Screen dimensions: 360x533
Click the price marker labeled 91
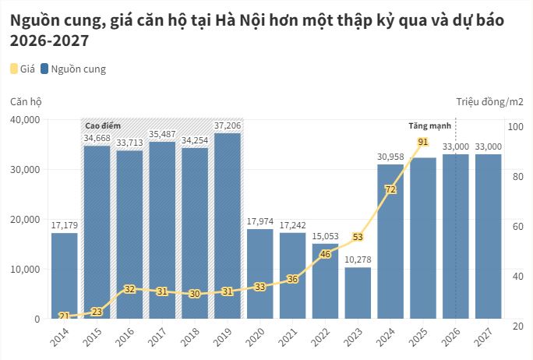[x=423, y=142]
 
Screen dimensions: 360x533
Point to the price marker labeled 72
[x=390, y=189]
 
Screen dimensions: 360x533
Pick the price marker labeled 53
[x=358, y=237]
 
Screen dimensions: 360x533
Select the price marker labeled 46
[x=326, y=254]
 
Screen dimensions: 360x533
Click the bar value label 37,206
[x=228, y=125]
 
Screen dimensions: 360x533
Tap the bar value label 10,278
[x=358, y=259]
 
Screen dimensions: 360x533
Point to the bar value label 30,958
[x=390, y=157]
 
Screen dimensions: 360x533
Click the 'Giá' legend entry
[x=23, y=69]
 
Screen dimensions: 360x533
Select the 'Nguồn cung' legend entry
[x=72, y=69]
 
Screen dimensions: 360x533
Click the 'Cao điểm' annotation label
[x=103, y=125]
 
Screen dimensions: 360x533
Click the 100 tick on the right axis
[x=515, y=127]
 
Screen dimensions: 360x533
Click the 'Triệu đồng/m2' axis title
[x=489, y=101]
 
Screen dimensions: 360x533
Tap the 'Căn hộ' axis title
[x=26, y=101]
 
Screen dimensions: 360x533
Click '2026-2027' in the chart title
[x=48, y=40]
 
